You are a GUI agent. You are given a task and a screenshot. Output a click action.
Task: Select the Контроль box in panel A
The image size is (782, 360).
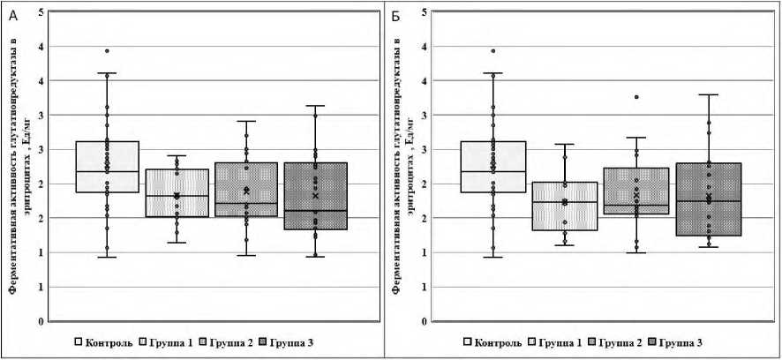click(x=107, y=167)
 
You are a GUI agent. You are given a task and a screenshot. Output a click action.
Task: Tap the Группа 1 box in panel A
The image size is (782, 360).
click(x=177, y=192)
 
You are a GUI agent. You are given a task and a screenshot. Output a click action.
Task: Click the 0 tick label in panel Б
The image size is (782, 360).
click(x=425, y=321)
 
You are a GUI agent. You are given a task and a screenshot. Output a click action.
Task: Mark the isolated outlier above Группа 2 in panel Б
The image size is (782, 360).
click(x=635, y=97)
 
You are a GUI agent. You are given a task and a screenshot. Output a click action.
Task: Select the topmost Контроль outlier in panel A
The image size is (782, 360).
click(x=107, y=51)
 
